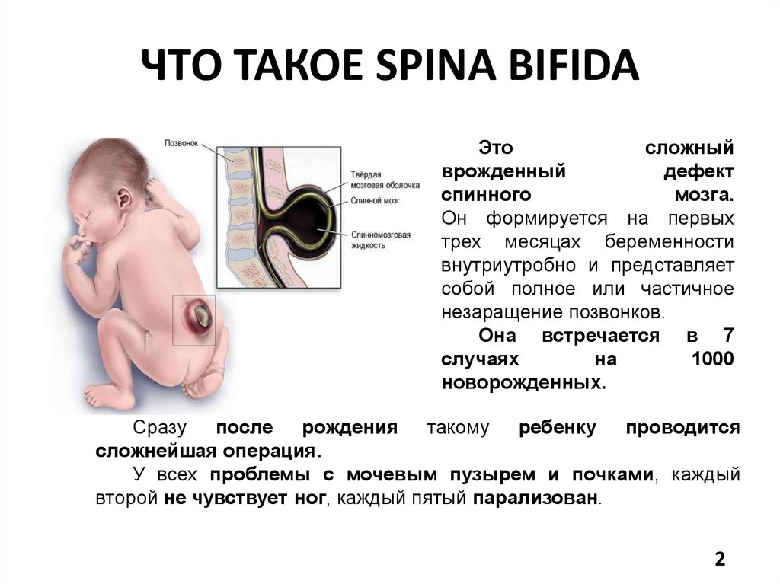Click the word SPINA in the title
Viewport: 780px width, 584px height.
[436, 65]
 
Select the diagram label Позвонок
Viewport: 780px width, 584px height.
[181, 143]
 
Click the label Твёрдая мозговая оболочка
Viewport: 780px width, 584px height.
[385, 180]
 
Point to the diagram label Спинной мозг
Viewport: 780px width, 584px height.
[375, 200]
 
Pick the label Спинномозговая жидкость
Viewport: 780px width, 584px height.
[381, 240]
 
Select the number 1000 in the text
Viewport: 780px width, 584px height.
[712, 359]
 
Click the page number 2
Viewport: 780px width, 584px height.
[720, 559]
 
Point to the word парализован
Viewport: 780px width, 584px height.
[535, 499]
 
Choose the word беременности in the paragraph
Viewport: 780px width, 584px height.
[669, 242]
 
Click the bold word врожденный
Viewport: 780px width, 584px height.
[503, 171]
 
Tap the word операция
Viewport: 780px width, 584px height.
[269, 452]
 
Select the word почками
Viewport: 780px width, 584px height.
[612, 475]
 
